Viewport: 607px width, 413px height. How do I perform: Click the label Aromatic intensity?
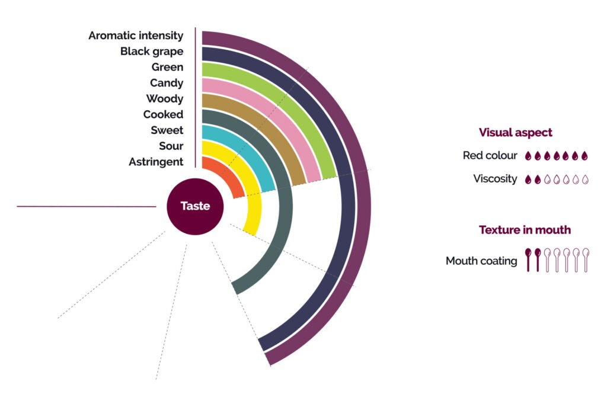136,36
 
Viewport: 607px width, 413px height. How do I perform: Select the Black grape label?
152,52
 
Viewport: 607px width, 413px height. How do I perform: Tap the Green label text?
167,67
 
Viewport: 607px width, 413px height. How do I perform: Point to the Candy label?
167,83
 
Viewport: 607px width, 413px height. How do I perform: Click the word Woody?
165,99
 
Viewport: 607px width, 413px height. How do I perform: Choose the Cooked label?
163,114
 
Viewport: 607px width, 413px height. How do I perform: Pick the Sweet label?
167,130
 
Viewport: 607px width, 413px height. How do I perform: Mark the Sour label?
171,146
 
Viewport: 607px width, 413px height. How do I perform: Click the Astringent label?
156,162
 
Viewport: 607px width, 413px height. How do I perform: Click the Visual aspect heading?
515,133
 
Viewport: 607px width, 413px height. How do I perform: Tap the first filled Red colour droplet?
529,156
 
